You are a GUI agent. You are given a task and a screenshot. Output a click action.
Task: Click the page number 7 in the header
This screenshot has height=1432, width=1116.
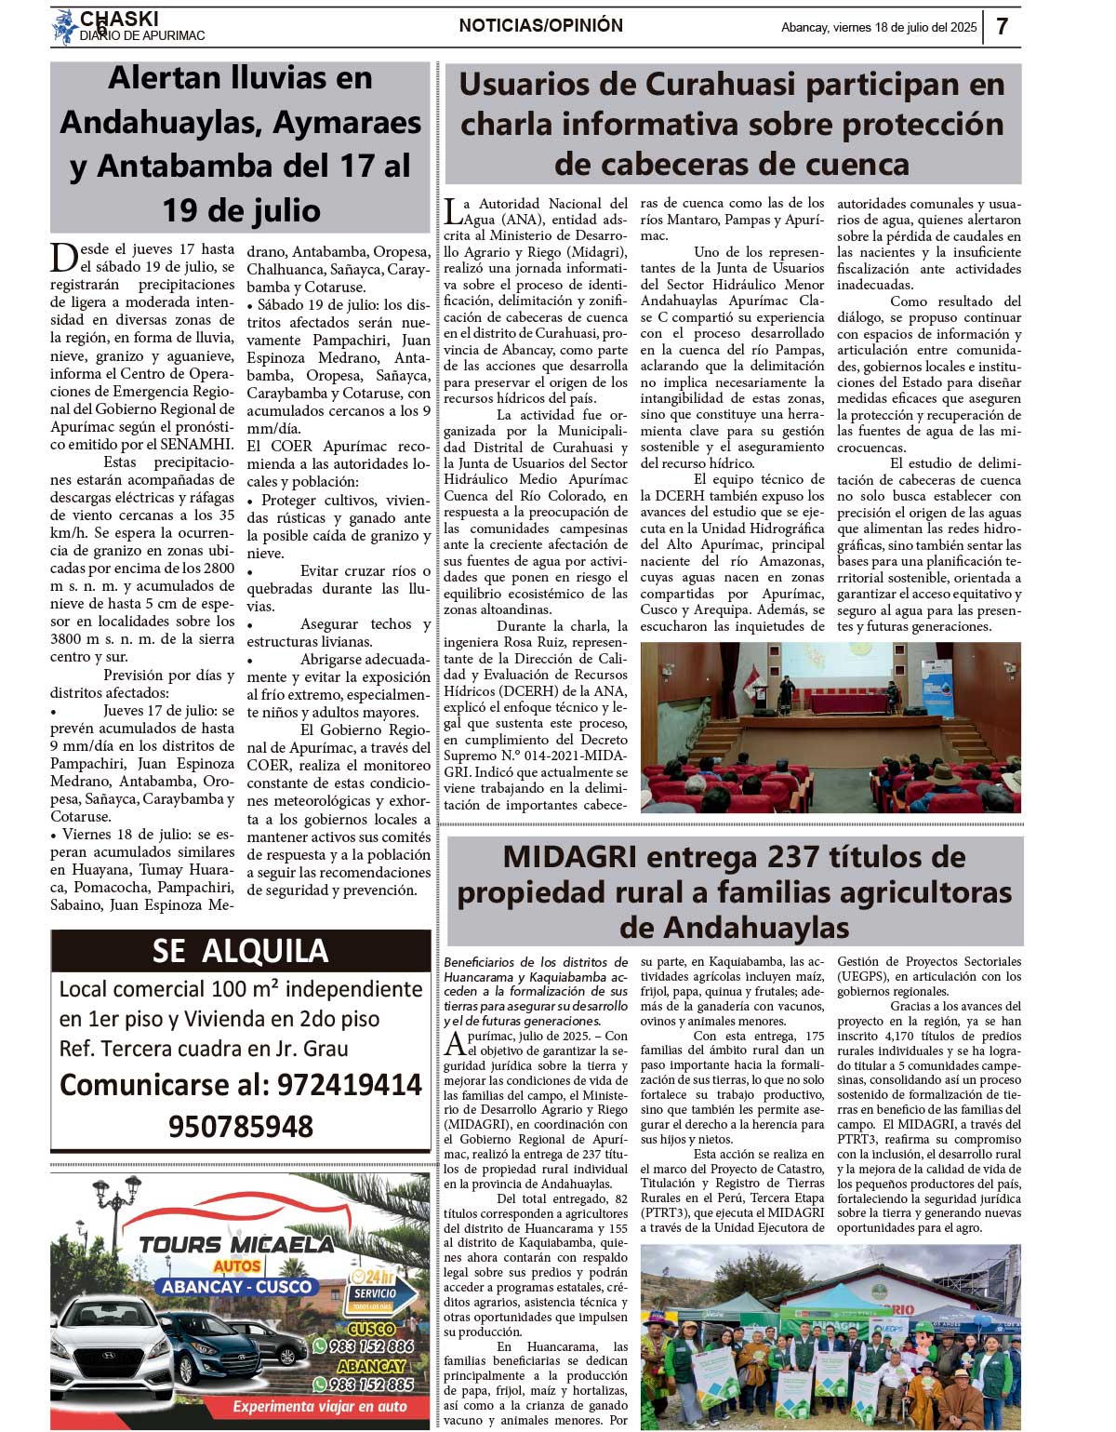pos(1002,27)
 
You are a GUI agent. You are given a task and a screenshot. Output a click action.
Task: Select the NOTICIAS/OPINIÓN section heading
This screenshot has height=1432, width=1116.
pos(540,26)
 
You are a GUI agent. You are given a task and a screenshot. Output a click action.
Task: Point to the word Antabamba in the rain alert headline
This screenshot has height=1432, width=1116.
pos(158,167)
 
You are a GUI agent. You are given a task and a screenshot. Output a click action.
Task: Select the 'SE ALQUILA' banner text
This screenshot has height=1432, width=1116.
pos(240,950)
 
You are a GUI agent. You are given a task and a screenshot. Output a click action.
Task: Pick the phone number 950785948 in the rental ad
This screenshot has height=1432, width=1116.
pos(240,1127)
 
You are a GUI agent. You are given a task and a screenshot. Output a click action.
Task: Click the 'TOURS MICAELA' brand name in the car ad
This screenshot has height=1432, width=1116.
pos(235,1244)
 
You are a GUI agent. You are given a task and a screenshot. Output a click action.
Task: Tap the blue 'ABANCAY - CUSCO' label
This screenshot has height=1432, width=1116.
pos(237,1287)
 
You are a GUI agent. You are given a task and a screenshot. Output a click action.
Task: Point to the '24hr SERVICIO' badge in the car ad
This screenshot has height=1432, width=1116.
pos(372,1289)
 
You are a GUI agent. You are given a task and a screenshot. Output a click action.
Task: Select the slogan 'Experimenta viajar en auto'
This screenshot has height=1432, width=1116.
pos(319,1407)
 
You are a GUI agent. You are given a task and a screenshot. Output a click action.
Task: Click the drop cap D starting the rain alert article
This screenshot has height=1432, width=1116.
pos(63,257)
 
